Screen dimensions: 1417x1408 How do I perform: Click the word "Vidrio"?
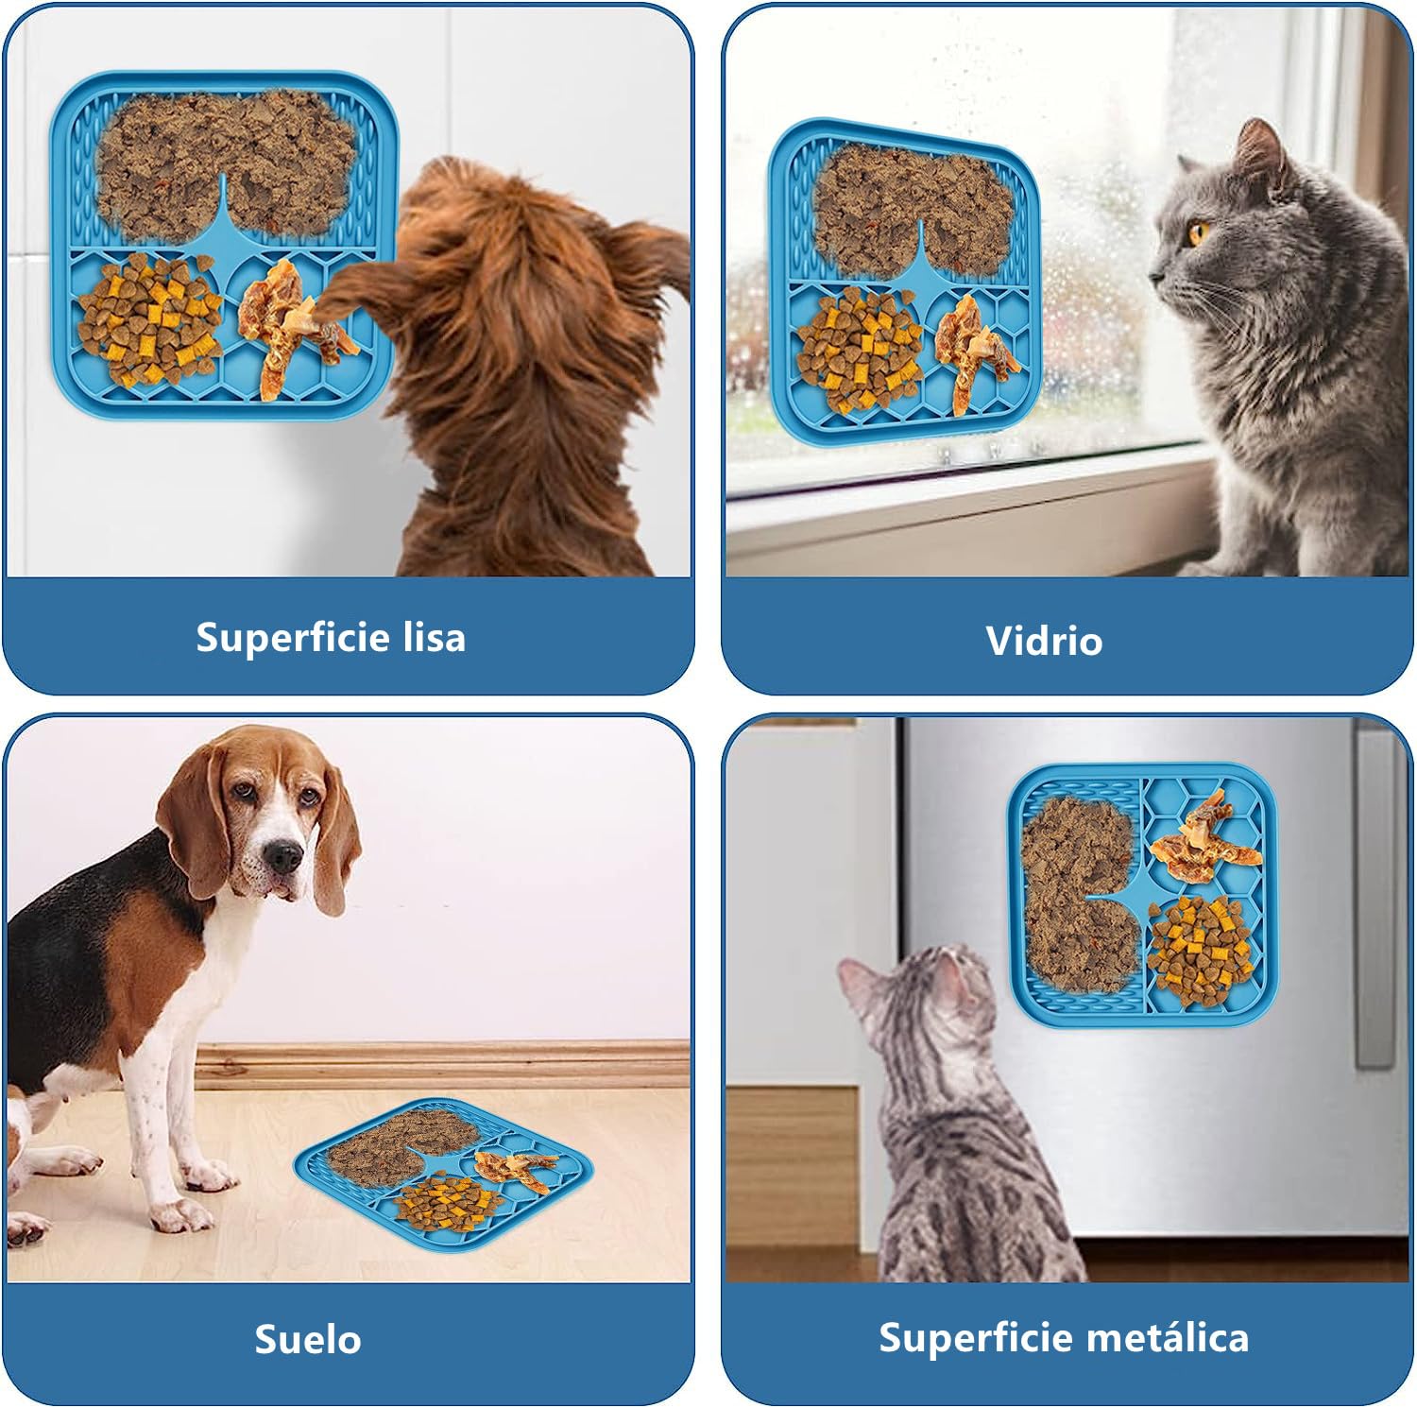click(x=1044, y=641)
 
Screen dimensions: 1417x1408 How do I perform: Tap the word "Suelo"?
click(x=308, y=1339)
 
